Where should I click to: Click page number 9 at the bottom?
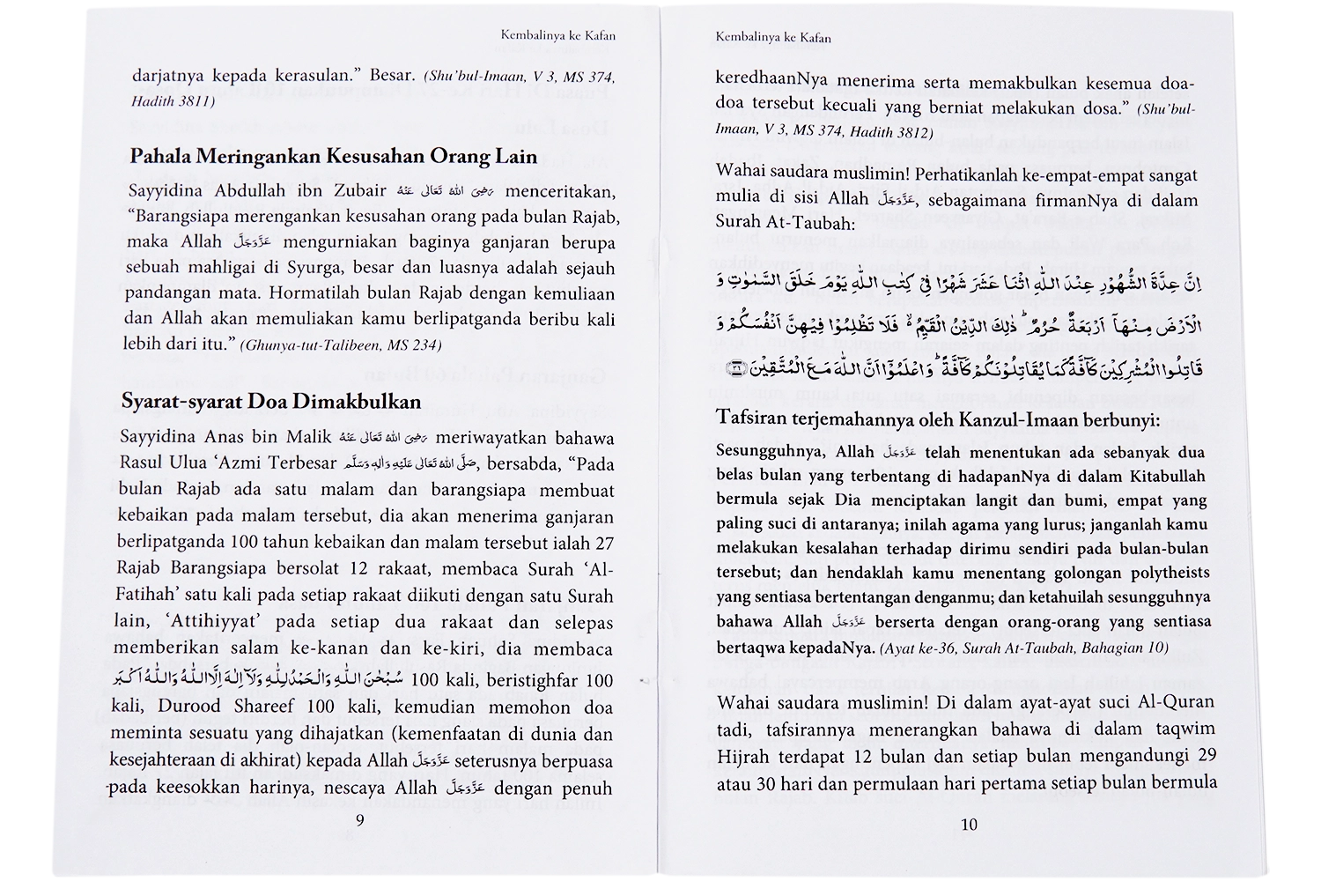358,820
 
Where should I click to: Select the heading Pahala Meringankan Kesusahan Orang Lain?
333,157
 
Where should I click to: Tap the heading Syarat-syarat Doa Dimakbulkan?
271,402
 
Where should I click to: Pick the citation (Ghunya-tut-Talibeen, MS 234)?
340,345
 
